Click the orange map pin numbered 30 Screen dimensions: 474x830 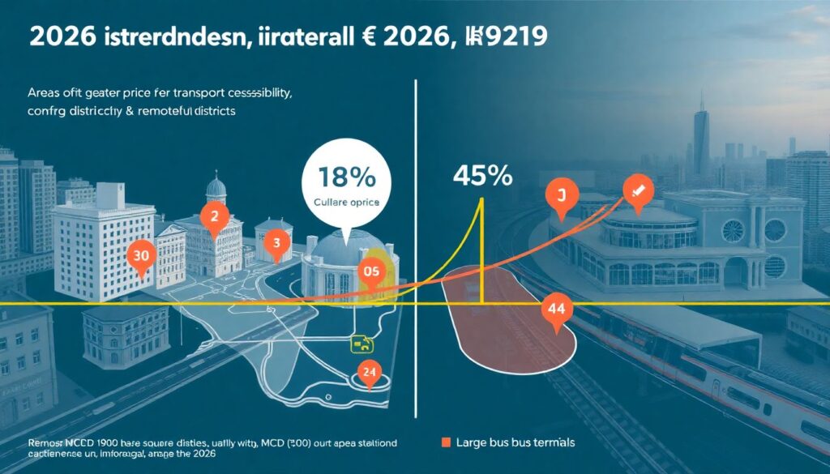(x=141, y=254)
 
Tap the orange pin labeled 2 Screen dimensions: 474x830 (x=215, y=217)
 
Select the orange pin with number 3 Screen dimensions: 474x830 (x=276, y=242)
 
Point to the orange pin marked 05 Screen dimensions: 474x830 (x=372, y=273)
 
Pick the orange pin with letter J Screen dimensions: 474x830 (x=559, y=196)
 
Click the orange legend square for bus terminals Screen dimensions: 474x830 (x=444, y=442)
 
